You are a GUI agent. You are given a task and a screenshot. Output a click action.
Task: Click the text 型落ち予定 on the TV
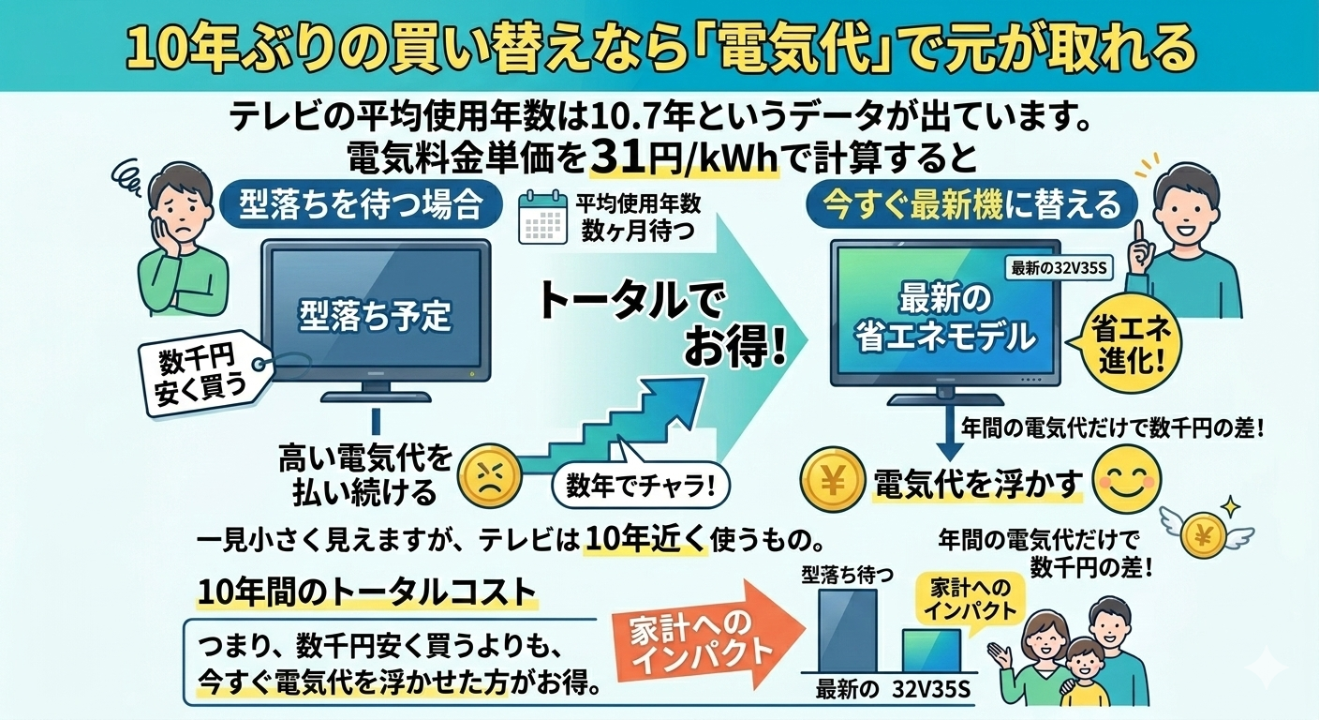pos(375,315)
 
